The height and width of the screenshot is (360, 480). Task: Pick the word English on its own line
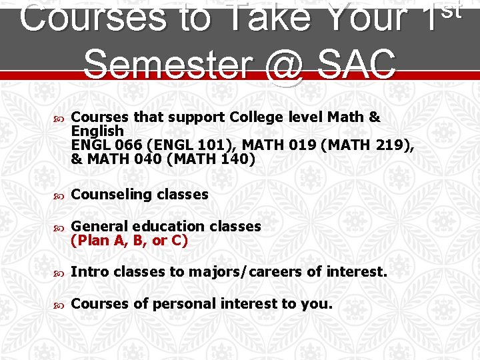pos(97,131)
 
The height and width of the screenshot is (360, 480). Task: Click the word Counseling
pos(111,195)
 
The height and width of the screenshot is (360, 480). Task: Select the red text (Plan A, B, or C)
pos(129,241)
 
